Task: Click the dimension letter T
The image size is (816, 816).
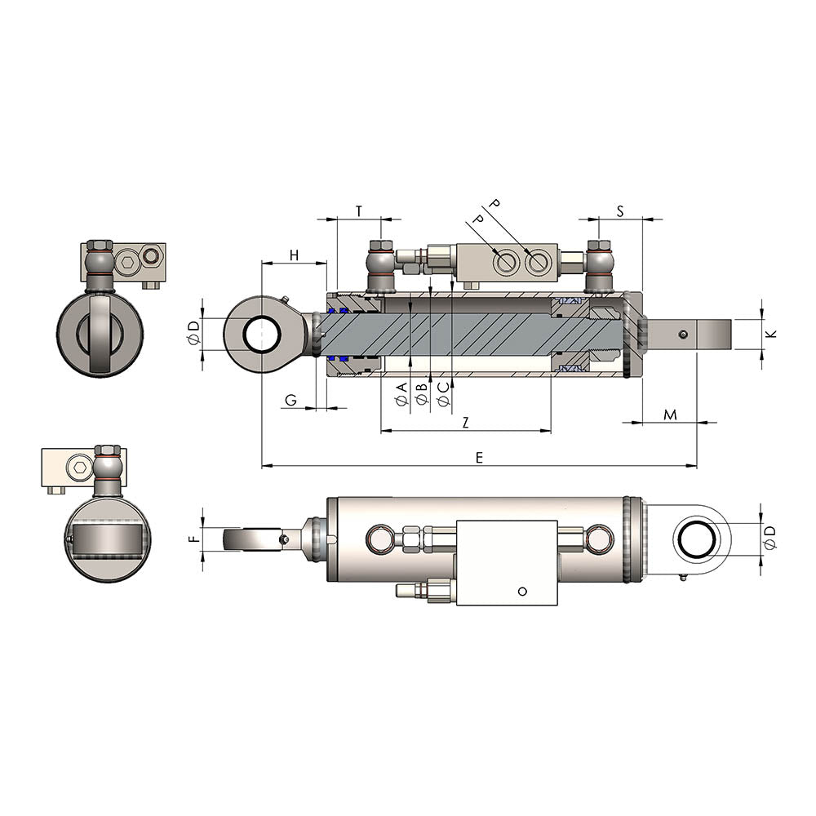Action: coord(359,211)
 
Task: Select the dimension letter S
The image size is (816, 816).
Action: coord(619,211)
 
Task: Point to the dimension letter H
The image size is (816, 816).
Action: coord(294,255)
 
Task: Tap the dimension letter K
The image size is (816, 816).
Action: coord(773,333)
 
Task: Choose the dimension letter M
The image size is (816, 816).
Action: coord(670,415)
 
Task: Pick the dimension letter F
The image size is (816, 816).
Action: coord(193,539)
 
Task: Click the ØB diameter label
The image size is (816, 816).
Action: coord(422,394)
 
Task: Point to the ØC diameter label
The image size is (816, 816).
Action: coord(443,394)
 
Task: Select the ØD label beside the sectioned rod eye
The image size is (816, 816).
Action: coord(193,333)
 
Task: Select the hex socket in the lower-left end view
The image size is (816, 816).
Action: coord(79,468)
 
